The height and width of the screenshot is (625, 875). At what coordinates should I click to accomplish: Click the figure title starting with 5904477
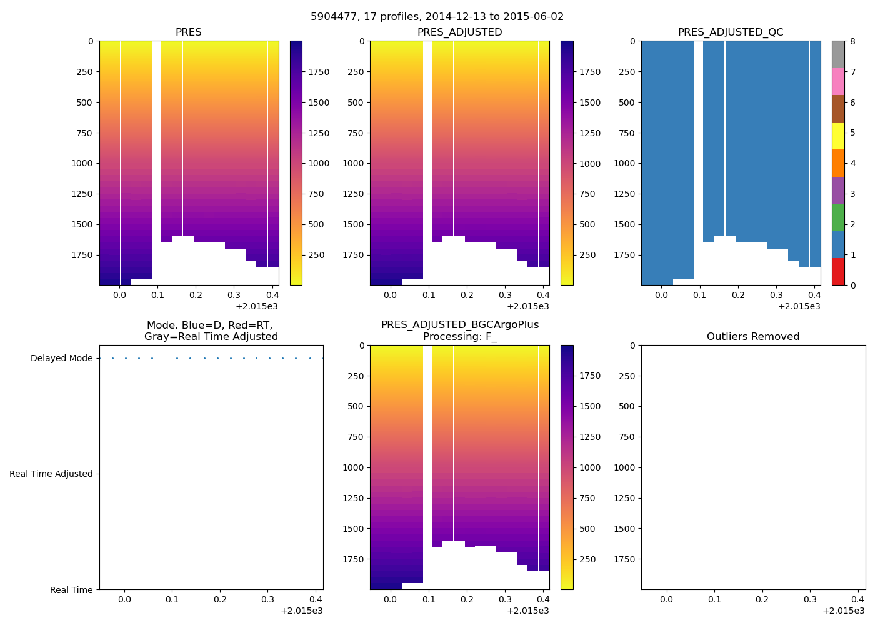pos(437,17)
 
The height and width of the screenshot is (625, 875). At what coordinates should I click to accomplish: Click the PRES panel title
pos(188,32)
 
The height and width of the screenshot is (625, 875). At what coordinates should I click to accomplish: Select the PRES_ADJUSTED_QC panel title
pos(731,32)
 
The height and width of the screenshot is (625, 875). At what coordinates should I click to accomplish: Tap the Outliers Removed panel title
pos(753,337)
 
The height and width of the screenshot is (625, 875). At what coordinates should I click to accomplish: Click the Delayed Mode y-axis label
pos(61,359)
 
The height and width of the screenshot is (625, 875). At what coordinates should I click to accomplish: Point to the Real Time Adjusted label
pos(51,474)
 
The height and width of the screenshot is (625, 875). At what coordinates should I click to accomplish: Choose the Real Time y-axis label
pos(71,590)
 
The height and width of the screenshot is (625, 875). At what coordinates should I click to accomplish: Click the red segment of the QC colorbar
pos(838,271)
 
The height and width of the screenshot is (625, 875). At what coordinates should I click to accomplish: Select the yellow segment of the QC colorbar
pos(838,136)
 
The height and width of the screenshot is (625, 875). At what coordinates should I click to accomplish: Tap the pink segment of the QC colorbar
pos(838,81)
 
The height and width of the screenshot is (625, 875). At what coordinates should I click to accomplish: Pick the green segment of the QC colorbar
pos(838,217)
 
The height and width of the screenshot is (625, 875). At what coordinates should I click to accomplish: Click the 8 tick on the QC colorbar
pos(853,41)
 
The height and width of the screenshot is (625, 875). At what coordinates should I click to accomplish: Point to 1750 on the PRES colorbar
pos(318,72)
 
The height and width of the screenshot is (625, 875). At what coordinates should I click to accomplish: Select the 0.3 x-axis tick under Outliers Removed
pos(810,600)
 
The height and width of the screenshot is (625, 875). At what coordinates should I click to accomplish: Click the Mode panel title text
pos(211,331)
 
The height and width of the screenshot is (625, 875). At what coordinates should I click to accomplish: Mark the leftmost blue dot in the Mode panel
pos(112,359)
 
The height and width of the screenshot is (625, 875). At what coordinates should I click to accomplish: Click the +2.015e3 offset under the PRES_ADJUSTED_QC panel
pos(799,306)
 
